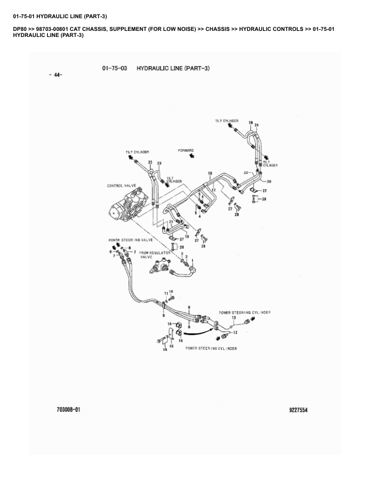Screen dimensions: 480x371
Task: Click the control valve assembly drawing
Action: [x=129, y=208]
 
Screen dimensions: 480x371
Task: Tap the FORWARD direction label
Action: [x=185, y=150]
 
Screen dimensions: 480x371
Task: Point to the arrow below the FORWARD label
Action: [x=191, y=156]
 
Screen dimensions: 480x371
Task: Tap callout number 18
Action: [x=210, y=174]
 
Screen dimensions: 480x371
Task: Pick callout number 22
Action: [x=246, y=173]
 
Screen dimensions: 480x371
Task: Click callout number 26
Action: [x=250, y=122]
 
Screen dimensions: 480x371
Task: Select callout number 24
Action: [x=256, y=125]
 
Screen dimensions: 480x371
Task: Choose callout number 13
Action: [x=233, y=318]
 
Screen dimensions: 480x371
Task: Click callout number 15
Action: [x=164, y=351]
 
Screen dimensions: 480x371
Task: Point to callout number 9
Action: [x=163, y=315]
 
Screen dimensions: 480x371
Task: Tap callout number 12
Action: [x=235, y=333]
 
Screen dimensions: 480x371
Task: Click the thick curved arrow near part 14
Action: [x=195, y=332]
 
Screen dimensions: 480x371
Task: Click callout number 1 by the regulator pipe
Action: [x=193, y=260]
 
